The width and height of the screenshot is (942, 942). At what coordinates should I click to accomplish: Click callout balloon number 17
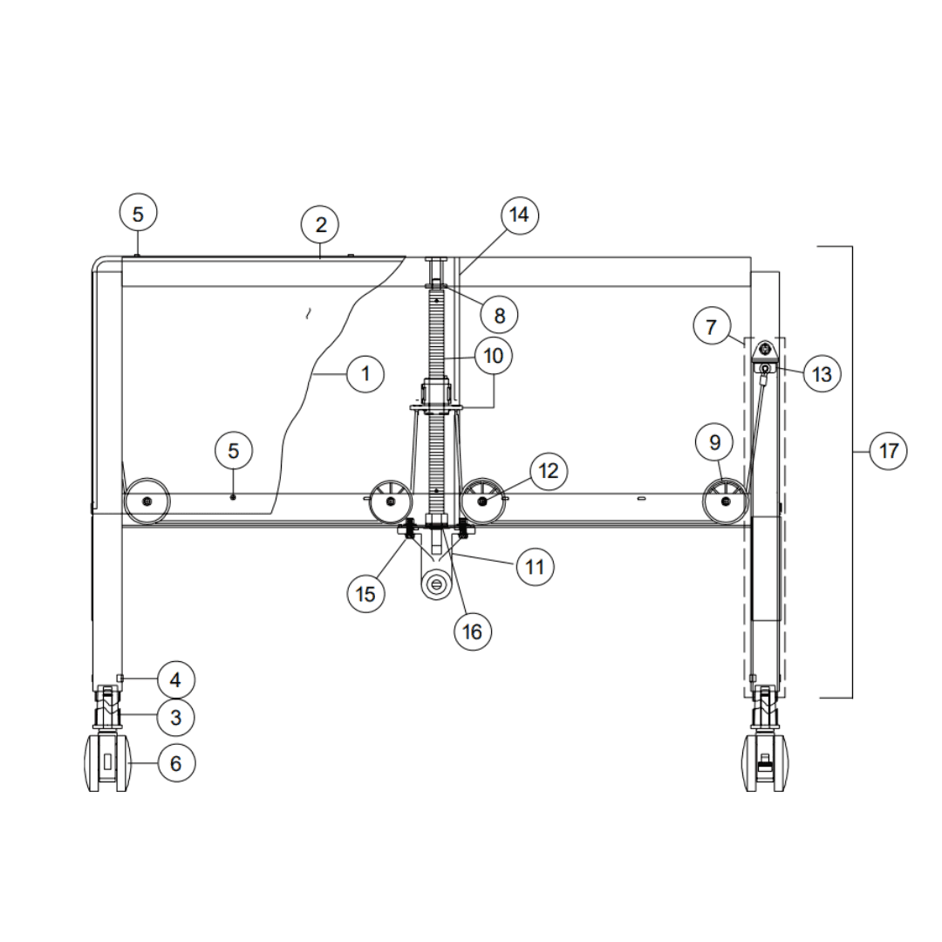pos(888,451)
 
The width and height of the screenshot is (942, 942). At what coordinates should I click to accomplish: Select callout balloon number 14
pos(520,215)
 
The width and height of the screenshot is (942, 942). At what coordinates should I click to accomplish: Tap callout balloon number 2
pos(321,225)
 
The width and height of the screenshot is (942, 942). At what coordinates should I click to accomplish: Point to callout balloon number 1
pos(365,374)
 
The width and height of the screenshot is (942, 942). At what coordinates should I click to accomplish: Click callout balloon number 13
pos(821,374)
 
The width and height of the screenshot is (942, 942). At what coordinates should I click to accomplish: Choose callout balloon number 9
pos(714,443)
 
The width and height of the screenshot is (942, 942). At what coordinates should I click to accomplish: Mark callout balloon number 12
pos(548,471)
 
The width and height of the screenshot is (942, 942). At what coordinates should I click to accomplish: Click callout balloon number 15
pos(365,593)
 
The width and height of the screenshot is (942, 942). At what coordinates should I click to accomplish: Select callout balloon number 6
pos(176,763)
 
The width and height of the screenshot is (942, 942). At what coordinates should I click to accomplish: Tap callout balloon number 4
pos(176,679)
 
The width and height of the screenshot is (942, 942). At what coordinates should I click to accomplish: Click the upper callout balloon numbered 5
pos(139,214)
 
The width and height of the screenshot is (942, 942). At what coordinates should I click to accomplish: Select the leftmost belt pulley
pos(146,502)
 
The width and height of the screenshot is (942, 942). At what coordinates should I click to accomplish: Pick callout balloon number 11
pos(535,567)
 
